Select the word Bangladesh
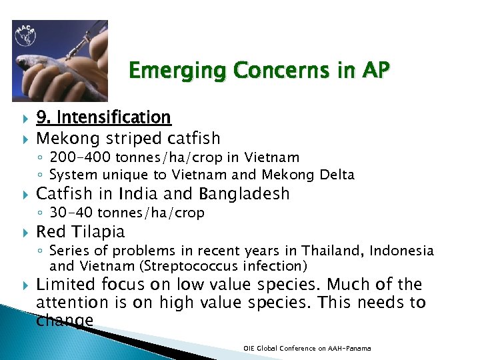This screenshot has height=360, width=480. pos(243,194)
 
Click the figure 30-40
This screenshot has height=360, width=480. pos(72,213)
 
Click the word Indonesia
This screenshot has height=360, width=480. pos(402,251)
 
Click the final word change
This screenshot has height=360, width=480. pos(64,321)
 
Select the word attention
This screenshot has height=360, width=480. pos(68,303)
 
